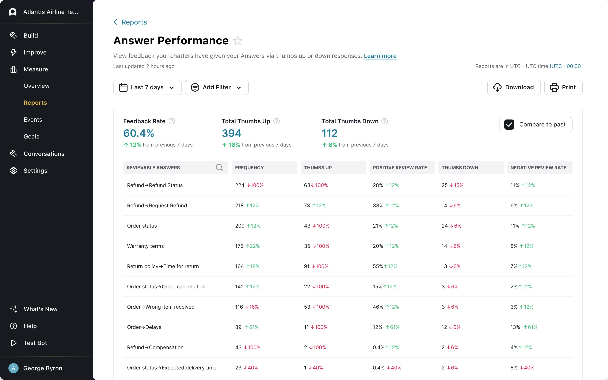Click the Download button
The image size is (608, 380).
tap(514, 87)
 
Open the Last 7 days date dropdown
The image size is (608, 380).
tap(147, 87)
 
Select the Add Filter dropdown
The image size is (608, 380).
tap(217, 87)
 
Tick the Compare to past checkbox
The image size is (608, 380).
tap(509, 125)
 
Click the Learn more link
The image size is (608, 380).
tap(380, 56)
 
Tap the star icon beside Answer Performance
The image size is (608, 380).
tap(237, 41)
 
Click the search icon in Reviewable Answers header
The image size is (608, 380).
tap(219, 168)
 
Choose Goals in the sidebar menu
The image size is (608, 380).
tap(31, 136)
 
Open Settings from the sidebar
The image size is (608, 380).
tap(35, 171)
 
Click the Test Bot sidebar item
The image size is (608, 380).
tap(35, 343)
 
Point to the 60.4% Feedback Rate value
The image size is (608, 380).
tap(139, 133)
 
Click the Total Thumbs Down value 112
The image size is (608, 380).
tap(330, 133)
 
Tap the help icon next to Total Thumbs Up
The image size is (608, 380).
tap(276, 121)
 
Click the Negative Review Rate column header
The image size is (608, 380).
tap(538, 168)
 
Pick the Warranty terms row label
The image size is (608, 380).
tap(145, 246)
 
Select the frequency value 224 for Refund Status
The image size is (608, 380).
tap(240, 185)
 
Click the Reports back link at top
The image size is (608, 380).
tap(134, 22)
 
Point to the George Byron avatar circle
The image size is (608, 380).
tap(14, 368)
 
